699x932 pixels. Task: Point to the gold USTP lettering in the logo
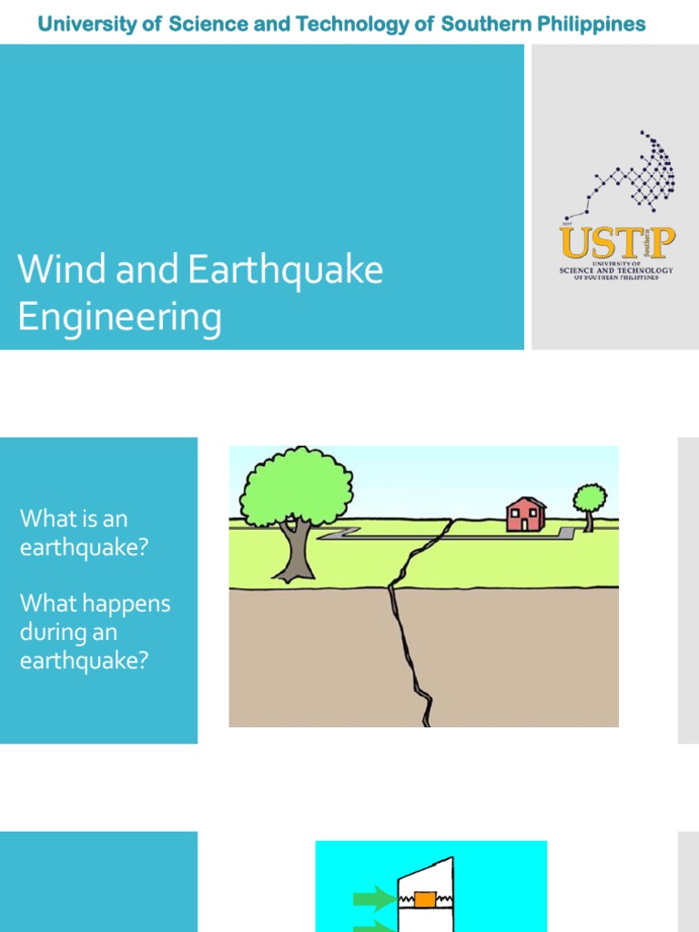(x=617, y=243)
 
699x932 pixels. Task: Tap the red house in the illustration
(x=525, y=515)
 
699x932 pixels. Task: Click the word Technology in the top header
(x=350, y=24)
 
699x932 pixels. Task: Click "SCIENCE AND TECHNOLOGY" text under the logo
(x=616, y=270)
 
